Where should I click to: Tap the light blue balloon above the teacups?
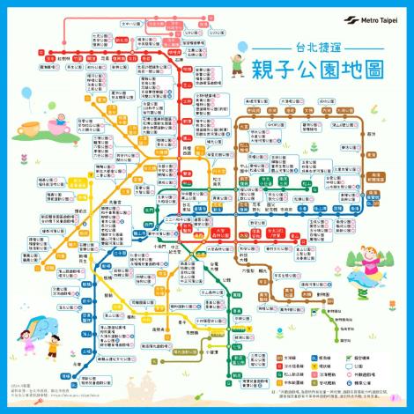point(26,93)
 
